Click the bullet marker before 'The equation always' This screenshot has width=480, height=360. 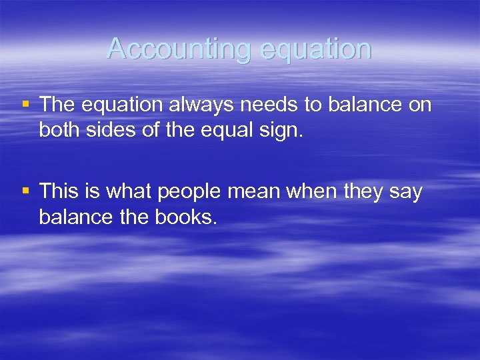pos(25,103)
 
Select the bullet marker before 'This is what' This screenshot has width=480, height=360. pos(25,191)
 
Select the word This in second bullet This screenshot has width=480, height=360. pos(59,192)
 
